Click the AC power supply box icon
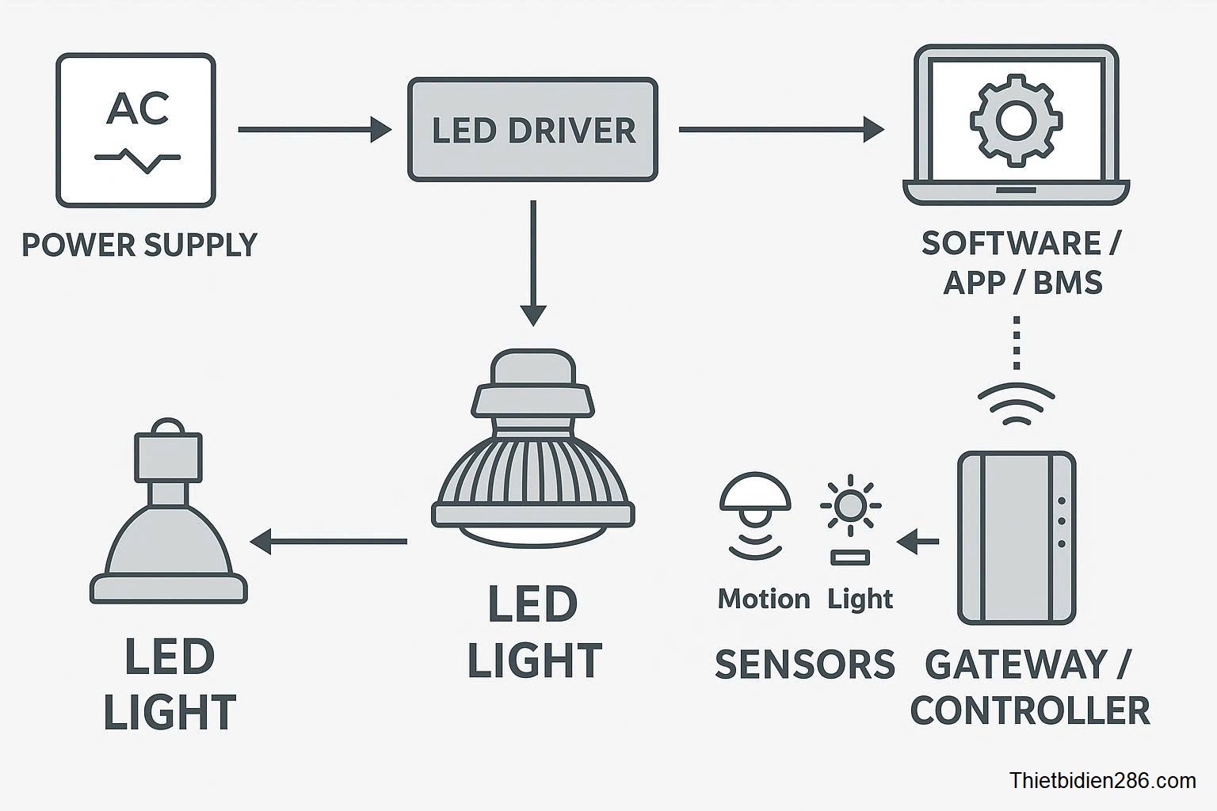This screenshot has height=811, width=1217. click(135, 131)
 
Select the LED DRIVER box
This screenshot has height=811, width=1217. click(532, 130)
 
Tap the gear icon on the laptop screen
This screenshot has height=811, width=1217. click(1015, 120)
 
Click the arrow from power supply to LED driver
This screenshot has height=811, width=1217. click(315, 129)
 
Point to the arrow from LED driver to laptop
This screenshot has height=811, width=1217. click(780, 129)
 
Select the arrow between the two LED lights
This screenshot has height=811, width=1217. click(328, 542)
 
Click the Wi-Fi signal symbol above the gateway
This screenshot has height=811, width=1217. click(1017, 404)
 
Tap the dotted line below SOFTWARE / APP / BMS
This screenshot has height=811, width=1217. click(1017, 343)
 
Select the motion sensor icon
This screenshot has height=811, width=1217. click(754, 515)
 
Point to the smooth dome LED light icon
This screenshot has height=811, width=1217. click(169, 515)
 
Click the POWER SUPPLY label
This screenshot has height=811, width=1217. click(139, 246)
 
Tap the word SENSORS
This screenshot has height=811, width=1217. click(804, 664)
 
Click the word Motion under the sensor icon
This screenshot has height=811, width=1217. click(764, 600)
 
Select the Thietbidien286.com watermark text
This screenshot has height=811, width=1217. click(1102, 781)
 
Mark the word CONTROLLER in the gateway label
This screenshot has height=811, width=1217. click(1029, 710)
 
